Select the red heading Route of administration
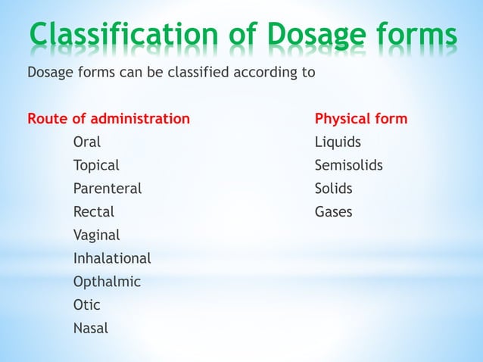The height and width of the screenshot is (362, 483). click(108, 119)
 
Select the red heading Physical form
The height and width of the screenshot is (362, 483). click(360, 119)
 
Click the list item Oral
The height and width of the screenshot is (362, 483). click(86, 142)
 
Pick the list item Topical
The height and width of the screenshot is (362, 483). click(95, 166)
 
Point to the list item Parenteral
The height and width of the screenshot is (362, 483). click(107, 189)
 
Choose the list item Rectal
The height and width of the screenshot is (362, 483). click(94, 212)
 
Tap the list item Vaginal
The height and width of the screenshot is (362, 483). click(96, 236)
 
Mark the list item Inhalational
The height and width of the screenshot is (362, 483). click(111, 258)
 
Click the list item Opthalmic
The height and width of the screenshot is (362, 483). click(107, 282)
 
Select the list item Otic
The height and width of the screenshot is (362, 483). click(86, 305)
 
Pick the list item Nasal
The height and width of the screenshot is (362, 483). click(90, 329)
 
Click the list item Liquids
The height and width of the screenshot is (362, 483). click(338, 142)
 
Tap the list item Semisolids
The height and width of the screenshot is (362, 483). click(348, 166)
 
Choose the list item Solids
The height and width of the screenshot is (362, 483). click(334, 189)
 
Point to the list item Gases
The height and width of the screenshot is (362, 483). click(333, 212)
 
